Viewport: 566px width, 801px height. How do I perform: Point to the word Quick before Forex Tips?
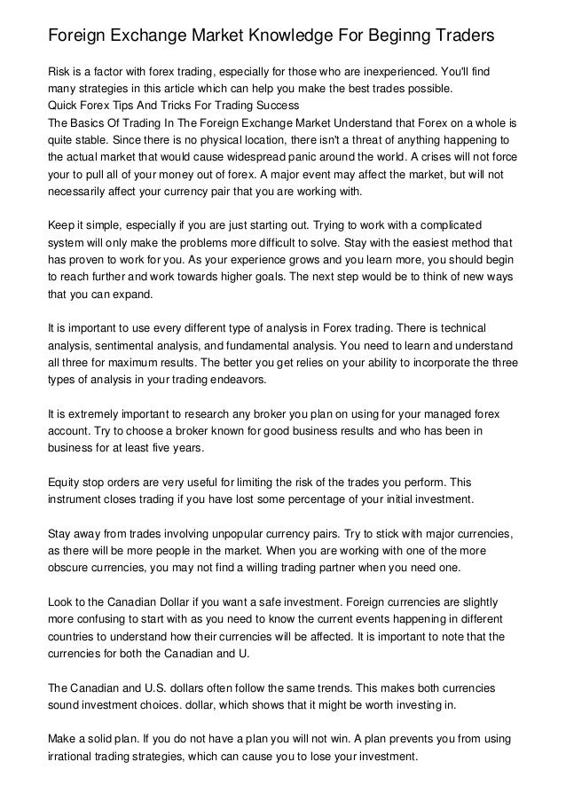tap(65, 107)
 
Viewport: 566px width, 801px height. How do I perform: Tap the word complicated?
tap(468, 226)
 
